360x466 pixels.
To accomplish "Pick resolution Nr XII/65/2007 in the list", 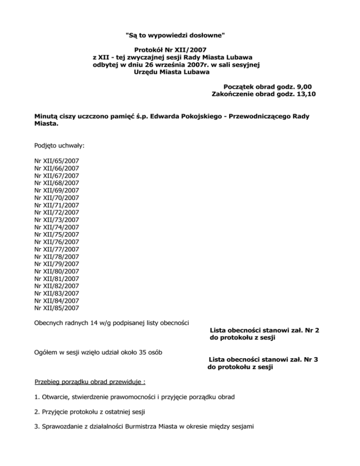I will (57, 160).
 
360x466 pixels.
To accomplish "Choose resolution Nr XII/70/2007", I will (57, 197).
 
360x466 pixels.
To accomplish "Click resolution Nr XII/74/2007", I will (57, 227).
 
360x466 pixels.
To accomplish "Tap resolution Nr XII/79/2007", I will (57, 264).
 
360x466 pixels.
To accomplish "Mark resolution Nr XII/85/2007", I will (57, 308).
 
